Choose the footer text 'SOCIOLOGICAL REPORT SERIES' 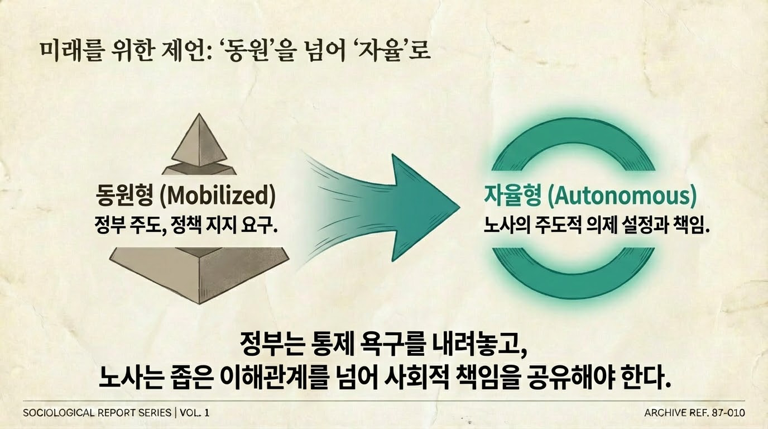(97, 413)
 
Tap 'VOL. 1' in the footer (195, 413)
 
